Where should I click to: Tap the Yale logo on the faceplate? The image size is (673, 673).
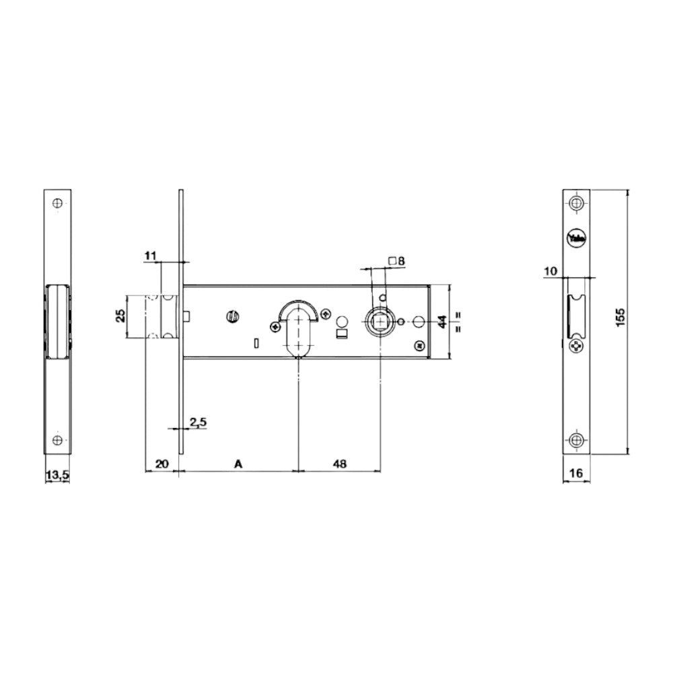pos(577,238)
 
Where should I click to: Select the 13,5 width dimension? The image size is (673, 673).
pos(57,475)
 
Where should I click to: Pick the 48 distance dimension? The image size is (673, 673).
pos(340,464)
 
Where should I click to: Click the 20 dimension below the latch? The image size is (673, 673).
pos(162,464)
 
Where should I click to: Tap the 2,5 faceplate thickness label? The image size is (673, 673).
pos(197,422)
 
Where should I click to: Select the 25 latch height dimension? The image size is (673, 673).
pos(120,316)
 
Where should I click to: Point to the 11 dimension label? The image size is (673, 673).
pos(150,255)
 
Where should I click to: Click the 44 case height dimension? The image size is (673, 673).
pos(442,322)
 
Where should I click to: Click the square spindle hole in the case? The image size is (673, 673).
pos(380,322)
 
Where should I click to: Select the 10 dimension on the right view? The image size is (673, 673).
pos(551,271)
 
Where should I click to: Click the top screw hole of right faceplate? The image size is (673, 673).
pos(576,203)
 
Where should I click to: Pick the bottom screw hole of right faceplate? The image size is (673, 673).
pos(576,440)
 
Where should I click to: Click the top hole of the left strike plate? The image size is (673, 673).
pos(57,203)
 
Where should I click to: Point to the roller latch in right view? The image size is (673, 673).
pos(575,315)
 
